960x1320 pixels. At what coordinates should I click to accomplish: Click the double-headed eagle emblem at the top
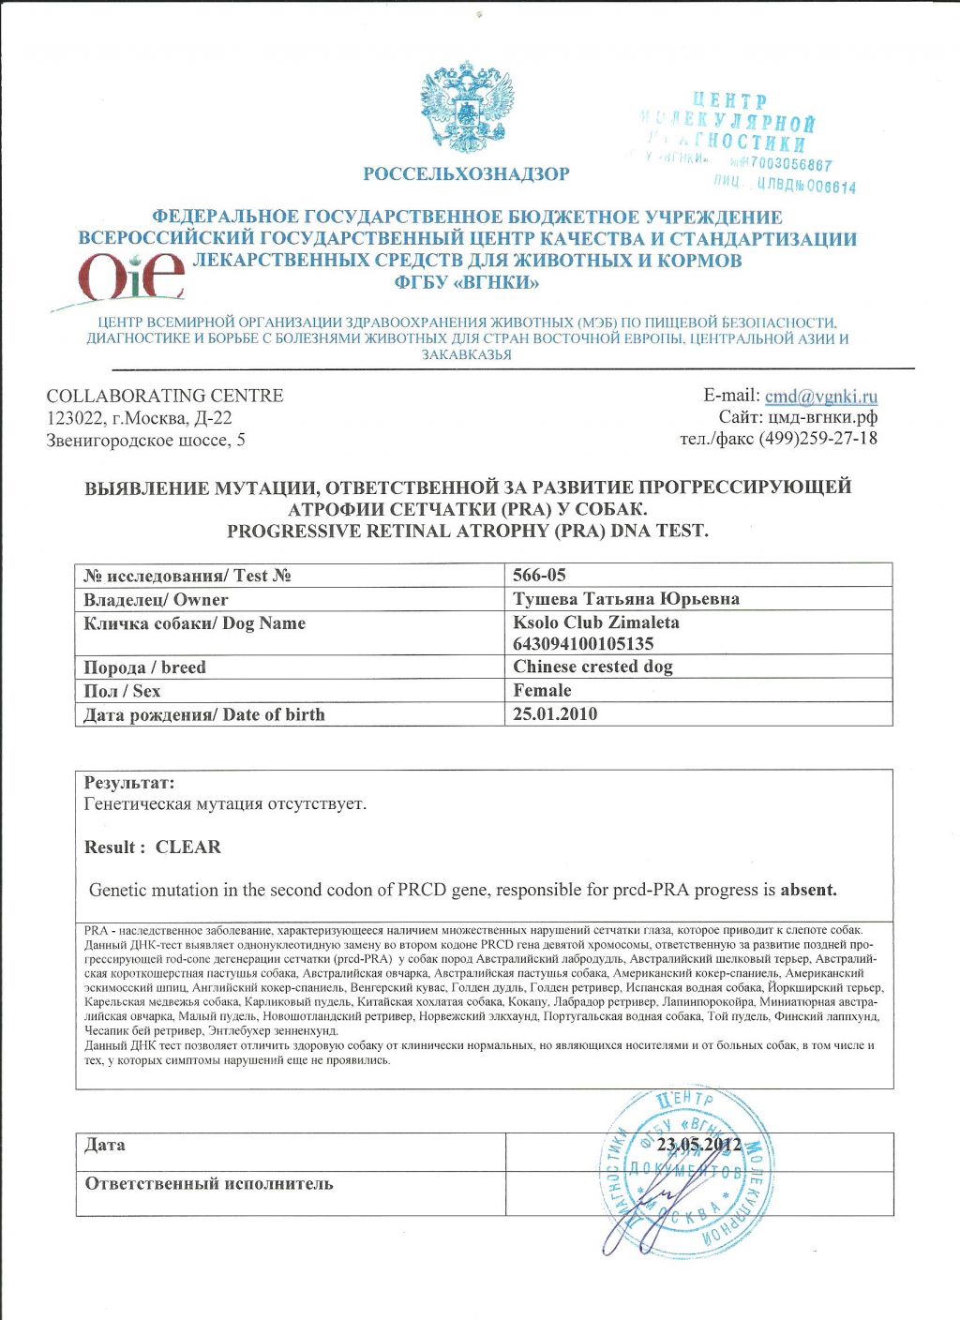tap(467, 108)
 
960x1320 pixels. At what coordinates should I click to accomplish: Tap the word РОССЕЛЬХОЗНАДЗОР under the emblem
tap(466, 174)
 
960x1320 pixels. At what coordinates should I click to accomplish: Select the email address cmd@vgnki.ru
tap(820, 396)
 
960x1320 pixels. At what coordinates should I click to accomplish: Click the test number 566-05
tap(540, 575)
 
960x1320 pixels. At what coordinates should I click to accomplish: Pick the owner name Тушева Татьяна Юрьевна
tap(626, 599)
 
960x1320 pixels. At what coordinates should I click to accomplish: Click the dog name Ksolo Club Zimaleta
tap(596, 622)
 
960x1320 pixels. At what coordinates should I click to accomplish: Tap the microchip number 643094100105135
tap(583, 644)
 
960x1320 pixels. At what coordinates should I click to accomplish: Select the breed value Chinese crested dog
tap(592, 667)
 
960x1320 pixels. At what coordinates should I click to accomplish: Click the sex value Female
tap(542, 690)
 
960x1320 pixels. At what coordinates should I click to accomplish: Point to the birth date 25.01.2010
tap(555, 713)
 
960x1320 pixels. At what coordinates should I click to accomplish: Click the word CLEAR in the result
tap(188, 847)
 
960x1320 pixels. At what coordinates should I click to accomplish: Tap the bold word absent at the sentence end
tap(808, 890)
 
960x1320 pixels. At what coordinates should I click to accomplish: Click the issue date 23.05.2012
tap(699, 1145)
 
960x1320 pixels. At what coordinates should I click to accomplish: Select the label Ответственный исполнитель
tap(209, 1183)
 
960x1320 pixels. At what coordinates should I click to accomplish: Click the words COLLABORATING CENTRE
tap(165, 396)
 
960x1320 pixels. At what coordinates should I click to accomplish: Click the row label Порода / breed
tap(144, 667)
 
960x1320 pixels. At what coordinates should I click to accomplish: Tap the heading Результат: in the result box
tap(129, 783)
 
